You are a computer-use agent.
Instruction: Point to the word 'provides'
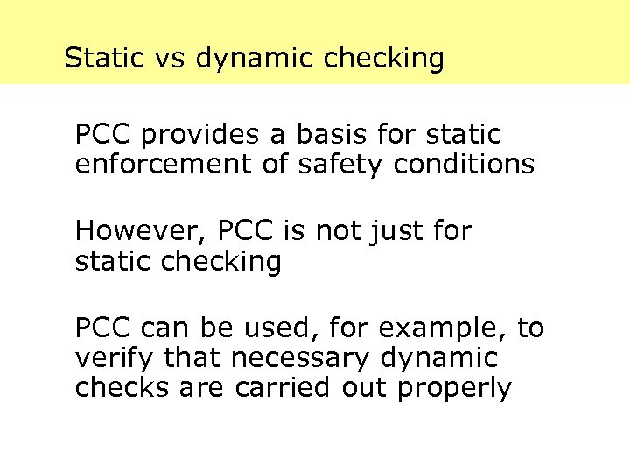[197, 136]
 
